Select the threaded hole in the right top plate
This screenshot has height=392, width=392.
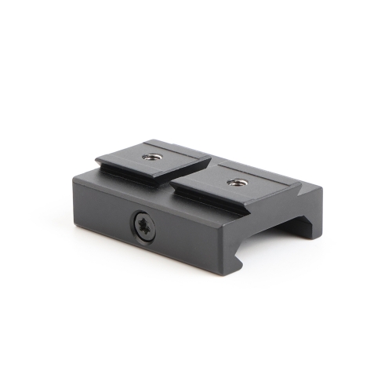point(233,183)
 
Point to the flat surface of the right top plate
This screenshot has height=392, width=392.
point(251,186)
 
